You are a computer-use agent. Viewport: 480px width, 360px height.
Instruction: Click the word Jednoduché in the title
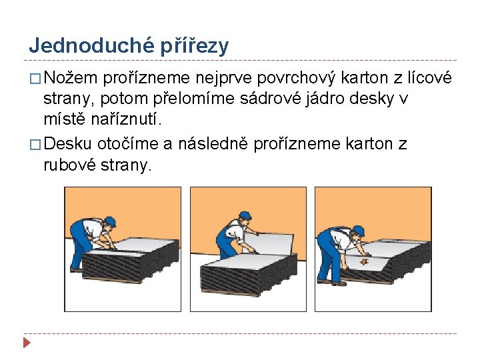(91, 45)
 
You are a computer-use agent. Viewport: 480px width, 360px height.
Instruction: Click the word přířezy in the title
(195, 46)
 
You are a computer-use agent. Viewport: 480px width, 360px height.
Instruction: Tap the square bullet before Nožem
(35, 79)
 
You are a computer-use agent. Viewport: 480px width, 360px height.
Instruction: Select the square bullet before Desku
(35, 145)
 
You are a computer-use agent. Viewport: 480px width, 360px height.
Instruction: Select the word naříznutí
(126, 119)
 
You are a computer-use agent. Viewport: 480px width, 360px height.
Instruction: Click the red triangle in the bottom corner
(27, 343)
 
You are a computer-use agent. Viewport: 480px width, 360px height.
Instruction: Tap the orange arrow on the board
(363, 262)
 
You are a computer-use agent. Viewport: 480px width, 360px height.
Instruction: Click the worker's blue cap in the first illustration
(111, 221)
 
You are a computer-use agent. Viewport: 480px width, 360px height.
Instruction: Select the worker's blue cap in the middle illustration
(245, 215)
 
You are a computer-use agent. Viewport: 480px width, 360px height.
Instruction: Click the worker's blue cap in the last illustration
(359, 230)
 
